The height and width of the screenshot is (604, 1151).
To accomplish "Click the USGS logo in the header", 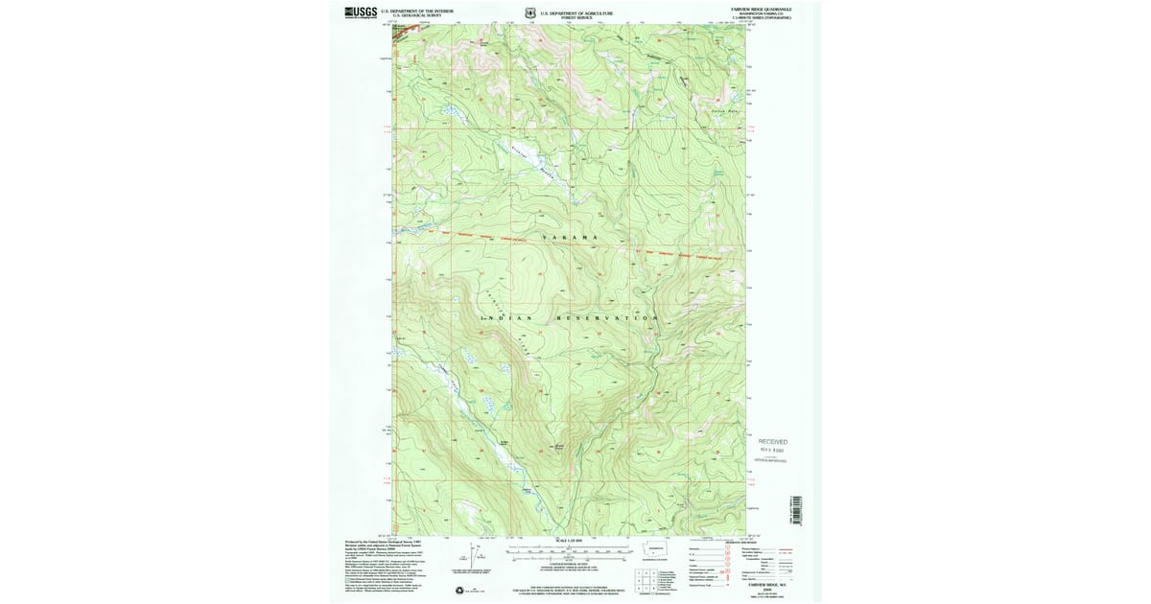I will pyautogui.click(x=361, y=12).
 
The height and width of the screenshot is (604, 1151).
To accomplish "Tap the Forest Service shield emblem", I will pyautogui.click(x=529, y=12).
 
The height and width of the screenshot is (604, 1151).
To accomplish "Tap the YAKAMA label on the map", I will pyautogui.click(x=570, y=237).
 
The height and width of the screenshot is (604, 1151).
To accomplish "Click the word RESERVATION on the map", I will pyautogui.click(x=608, y=317).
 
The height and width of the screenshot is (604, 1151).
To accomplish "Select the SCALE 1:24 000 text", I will pyautogui.click(x=570, y=543).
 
